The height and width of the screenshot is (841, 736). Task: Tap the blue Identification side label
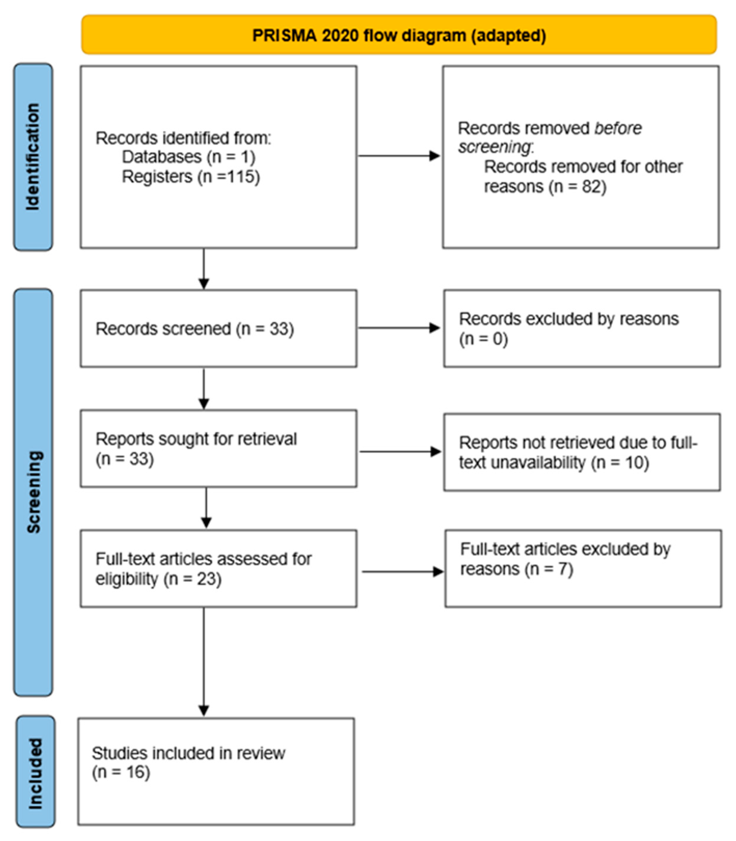pos(33,157)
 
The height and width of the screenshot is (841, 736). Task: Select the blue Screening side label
pos(33,492)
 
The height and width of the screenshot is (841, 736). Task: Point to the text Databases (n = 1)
pos(189,157)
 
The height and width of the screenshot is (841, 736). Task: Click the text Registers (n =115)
pos(191,177)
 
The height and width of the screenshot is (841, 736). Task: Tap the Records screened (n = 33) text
pos(194,329)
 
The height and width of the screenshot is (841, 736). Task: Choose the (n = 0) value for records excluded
pos(483,339)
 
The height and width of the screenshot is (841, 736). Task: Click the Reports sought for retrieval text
pos(196,439)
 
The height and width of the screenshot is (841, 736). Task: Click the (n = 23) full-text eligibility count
pos(192,579)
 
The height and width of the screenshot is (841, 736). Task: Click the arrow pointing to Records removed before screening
pos(398,156)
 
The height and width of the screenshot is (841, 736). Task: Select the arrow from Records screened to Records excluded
pos(398,328)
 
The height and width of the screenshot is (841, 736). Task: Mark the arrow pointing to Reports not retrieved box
pos(400,452)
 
